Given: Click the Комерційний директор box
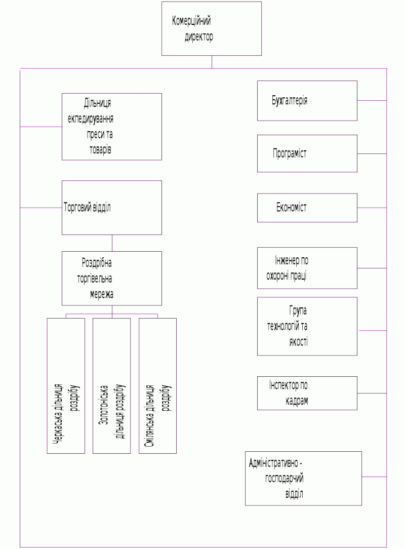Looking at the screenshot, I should pyautogui.click(x=212, y=28).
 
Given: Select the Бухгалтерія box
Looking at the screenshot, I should pyautogui.click(x=307, y=100).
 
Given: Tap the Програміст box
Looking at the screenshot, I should pyautogui.click(x=307, y=153).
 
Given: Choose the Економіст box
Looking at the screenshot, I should pyautogui.click(x=307, y=208).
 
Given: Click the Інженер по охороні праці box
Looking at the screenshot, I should pyautogui.click(x=307, y=268).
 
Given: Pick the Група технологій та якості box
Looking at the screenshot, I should pyautogui.click(x=307, y=326).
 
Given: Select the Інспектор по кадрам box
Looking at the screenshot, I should pyautogui.click(x=307, y=393).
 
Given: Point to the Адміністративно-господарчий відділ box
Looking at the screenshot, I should pyautogui.click(x=303, y=478).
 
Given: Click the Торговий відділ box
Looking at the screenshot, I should pyautogui.click(x=112, y=208).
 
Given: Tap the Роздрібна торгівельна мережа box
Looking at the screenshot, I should pyautogui.click(x=112, y=278).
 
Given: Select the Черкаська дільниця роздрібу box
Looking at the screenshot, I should pyautogui.click(x=66, y=385).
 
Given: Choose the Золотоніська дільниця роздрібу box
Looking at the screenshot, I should pyautogui.click(x=111, y=385).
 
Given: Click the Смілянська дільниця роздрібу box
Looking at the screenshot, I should pyautogui.click(x=157, y=385).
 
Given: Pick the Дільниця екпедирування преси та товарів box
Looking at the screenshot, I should pyautogui.click(x=112, y=127).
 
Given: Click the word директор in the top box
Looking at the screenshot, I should pyautogui.click(x=199, y=37).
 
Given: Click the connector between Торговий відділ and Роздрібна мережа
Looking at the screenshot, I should pyautogui.click(x=112, y=243).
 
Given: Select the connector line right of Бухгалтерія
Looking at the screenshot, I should pyautogui.click(x=372, y=100).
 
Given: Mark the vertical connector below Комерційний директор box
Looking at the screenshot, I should pyautogui.click(x=212, y=62).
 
